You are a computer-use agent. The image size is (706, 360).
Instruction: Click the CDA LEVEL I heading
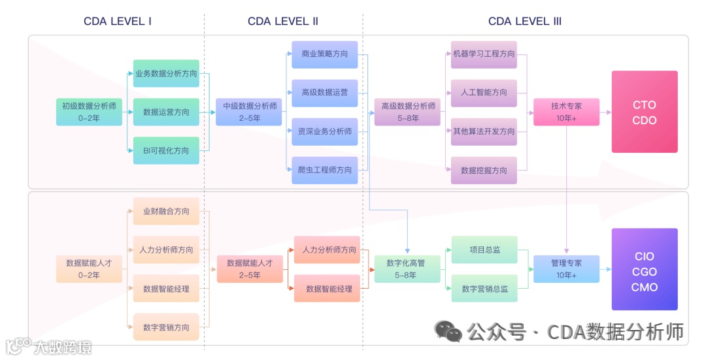tap(118, 22)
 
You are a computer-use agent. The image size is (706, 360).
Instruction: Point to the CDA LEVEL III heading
tap(524, 22)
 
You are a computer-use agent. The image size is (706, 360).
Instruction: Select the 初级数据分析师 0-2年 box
tap(89, 112)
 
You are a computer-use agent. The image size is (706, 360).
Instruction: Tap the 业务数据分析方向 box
tap(166, 74)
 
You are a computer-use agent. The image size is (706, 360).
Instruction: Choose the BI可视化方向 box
tap(166, 150)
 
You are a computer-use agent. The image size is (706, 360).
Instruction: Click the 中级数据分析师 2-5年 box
tap(250, 112)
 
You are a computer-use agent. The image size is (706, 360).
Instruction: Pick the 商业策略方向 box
tap(325, 54)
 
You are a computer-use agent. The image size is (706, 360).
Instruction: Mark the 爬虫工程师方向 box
tap(325, 170)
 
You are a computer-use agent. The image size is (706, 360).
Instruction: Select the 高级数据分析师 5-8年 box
tap(409, 112)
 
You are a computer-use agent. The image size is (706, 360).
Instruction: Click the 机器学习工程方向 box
tap(484, 54)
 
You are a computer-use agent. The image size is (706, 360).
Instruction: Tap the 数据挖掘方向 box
tap(484, 170)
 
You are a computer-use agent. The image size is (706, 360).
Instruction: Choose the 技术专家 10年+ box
tap(566, 112)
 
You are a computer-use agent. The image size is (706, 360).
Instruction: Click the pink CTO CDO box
tap(644, 112)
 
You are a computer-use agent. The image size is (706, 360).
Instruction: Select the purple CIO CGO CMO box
tap(644, 269)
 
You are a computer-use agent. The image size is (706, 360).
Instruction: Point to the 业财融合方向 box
tap(166, 211)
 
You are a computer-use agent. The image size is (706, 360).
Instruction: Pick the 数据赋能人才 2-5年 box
tap(250, 269)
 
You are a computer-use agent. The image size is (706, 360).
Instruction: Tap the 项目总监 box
tap(484, 250)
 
